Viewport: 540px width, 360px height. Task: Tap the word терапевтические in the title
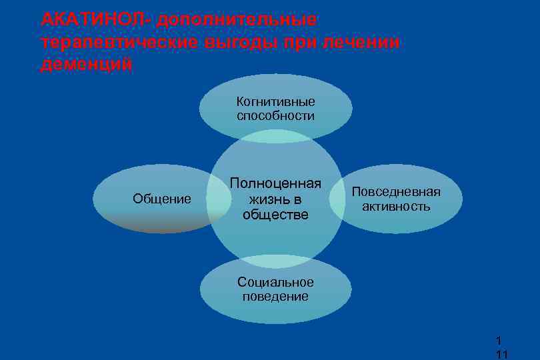click(116, 43)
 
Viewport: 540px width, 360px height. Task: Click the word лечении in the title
click(361, 43)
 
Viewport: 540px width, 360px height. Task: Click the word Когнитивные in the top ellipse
click(276, 102)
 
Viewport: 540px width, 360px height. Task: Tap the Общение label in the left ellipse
click(162, 199)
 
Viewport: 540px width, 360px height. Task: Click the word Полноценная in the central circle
click(276, 183)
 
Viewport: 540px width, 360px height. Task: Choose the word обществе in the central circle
click(276, 214)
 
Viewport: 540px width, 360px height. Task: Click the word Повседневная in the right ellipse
click(396, 192)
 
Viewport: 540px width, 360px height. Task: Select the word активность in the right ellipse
click(396, 207)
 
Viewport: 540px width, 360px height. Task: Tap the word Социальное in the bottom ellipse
click(275, 282)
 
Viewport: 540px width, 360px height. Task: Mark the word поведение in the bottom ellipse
click(275, 297)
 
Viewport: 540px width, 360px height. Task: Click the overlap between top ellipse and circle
click(276, 135)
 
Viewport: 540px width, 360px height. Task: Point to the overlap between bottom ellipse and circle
click(276, 261)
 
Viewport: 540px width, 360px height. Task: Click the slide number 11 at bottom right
click(501, 354)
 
